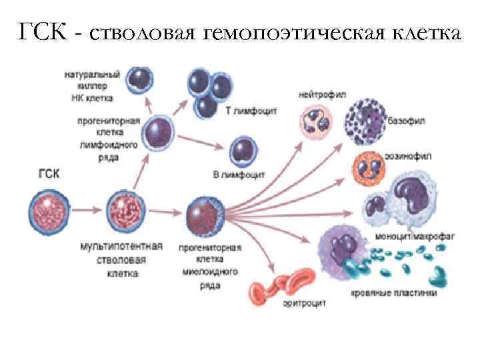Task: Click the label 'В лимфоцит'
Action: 239,175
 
